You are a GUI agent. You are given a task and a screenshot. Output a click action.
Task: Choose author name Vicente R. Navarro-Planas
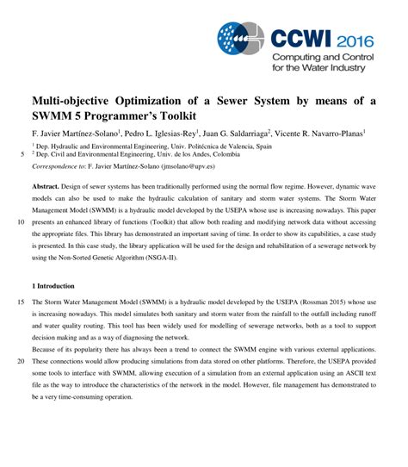[x=321, y=134]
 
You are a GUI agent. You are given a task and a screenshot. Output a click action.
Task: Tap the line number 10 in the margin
[x=21, y=221]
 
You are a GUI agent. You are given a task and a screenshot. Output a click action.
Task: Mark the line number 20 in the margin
[x=21, y=362]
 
